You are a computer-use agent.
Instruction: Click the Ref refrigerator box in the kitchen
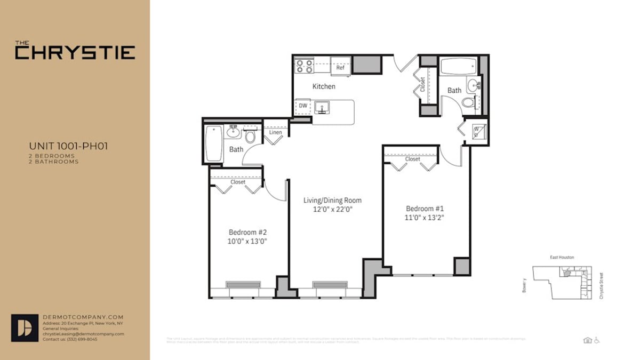point(340,67)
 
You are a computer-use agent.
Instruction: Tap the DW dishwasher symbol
point(303,106)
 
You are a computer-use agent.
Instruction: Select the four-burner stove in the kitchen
point(305,66)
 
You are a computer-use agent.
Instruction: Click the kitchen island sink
point(322,108)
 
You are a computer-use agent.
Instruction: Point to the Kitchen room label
point(324,86)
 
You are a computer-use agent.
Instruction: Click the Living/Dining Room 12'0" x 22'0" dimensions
point(332,210)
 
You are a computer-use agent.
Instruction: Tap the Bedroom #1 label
point(425,209)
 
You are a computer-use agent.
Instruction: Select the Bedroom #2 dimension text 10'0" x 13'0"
point(247,241)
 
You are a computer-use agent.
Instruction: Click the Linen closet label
point(275,132)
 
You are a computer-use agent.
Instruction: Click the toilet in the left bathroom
point(250,136)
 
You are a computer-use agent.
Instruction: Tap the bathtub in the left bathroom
point(214,143)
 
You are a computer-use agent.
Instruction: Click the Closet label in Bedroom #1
point(412,159)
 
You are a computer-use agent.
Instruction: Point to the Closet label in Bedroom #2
point(238,182)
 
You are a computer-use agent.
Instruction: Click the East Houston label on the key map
point(562,257)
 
